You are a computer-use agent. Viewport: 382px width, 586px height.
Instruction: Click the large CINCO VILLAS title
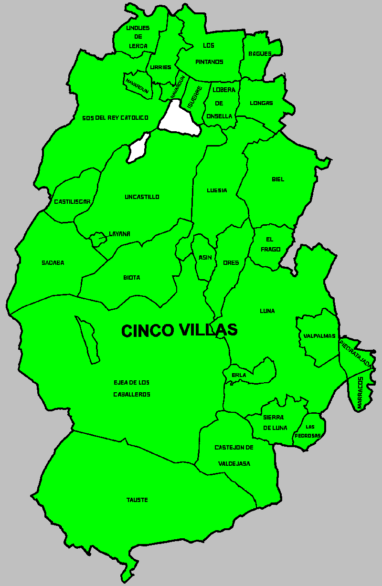[x=179, y=330]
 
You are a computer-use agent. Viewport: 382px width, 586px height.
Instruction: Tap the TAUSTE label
[x=137, y=500]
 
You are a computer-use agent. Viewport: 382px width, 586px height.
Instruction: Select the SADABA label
[x=53, y=263]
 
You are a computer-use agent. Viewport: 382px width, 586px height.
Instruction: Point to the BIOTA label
[x=132, y=278]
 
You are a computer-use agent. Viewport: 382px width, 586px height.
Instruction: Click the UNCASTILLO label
[x=142, y=197]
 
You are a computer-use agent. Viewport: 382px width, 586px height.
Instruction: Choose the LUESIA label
[x=217, y=190]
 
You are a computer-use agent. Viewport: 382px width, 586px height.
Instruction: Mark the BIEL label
[x=278, y=179]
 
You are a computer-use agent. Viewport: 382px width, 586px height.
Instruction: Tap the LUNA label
[x=267, y=311]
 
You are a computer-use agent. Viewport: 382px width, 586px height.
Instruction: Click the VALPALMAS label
[x=319, y=336]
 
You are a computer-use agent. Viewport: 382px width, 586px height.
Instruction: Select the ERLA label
[x=239, y=375]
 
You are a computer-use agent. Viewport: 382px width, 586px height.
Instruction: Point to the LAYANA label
[x=119, y=234]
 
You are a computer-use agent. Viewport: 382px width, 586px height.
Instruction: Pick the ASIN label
[x=205, y=258]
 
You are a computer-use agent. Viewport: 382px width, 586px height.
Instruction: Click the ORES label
[x=231, y=263]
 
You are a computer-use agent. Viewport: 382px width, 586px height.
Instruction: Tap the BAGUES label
[x=260, y=54]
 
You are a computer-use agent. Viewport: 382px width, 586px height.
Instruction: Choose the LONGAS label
[x=261, y=103]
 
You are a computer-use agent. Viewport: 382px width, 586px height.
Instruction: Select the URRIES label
[x=160, y=67]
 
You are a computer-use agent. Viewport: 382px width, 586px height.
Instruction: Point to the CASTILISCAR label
[x=72, y=202]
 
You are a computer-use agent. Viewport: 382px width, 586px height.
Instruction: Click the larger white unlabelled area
[x=178, y=119]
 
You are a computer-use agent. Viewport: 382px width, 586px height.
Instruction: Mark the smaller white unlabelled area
[x=138, y=147]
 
